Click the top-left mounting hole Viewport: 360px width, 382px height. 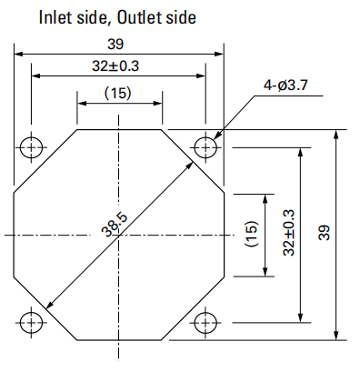(31, 147)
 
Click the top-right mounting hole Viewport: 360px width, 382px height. (205, 147)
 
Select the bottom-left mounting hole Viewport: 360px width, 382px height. (31, 322)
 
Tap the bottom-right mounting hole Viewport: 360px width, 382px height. (205, 322)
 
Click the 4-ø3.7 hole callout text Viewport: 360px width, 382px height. (285, 85)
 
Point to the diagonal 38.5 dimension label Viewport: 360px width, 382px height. (115, 225)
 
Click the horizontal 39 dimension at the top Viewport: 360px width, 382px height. (115, 45)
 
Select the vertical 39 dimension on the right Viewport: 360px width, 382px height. (324, 233)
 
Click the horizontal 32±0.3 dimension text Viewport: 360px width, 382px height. (115, 65)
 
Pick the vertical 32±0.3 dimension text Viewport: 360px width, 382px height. (288, 233)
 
